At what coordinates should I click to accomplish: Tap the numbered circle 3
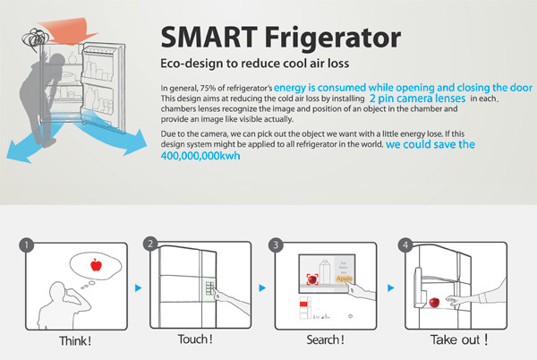click(277, 243)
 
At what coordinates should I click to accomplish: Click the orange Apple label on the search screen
click(345, 279)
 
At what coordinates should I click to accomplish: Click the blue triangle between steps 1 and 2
click(137, 289)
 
